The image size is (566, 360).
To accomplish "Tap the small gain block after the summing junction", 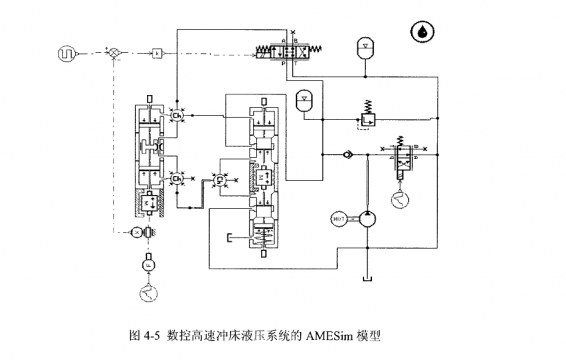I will pos(157,50).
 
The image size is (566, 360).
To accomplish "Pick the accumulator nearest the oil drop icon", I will pos(366,47).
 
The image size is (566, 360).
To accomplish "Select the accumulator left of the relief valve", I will pos(304,99).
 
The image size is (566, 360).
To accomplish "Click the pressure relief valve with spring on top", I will pos(368,117).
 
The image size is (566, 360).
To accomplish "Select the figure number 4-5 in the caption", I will pos(147,336).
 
